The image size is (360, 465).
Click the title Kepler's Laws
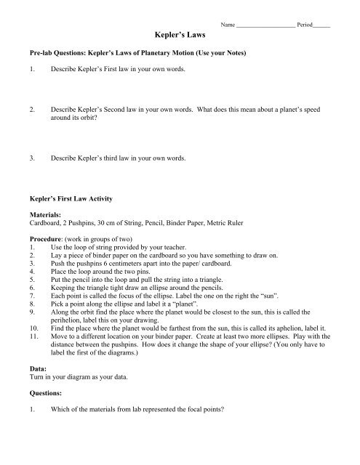click(180, 34)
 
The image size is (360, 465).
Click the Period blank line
click(321, 25)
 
